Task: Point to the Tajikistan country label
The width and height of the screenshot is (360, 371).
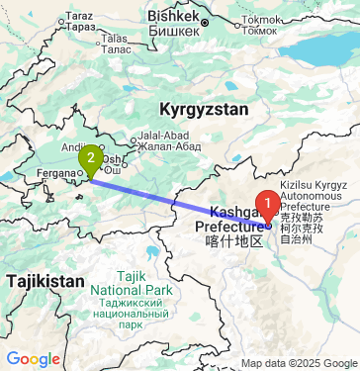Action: coord(45,282)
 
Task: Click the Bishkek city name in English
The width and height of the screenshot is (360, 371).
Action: coord(174,16)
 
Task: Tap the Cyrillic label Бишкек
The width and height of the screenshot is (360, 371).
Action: coord(174,29)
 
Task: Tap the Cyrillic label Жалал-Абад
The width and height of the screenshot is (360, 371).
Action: coord(162,147)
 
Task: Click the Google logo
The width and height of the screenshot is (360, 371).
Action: coord(33,358)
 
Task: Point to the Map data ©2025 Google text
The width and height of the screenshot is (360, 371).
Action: coord(300,363)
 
